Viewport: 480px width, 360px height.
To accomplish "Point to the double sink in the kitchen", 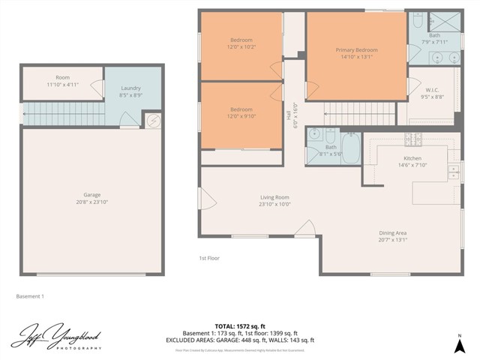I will coord(453,172).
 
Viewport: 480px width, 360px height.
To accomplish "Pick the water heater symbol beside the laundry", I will coord(153,121).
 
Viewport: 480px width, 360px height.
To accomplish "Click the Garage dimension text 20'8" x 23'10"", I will coord(91,202).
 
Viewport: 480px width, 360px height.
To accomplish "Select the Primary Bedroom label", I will coord(356,50).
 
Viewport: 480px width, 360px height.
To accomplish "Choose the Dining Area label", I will coord(393,232).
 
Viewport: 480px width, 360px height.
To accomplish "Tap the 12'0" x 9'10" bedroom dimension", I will coord(241,115).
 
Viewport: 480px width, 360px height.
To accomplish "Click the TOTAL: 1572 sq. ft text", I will coord(240,326).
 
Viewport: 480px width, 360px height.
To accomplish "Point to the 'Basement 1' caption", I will coord(30,296).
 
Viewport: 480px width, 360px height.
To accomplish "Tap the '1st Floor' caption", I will coord(208,258).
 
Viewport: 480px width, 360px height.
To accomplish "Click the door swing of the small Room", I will coord(97,88).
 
